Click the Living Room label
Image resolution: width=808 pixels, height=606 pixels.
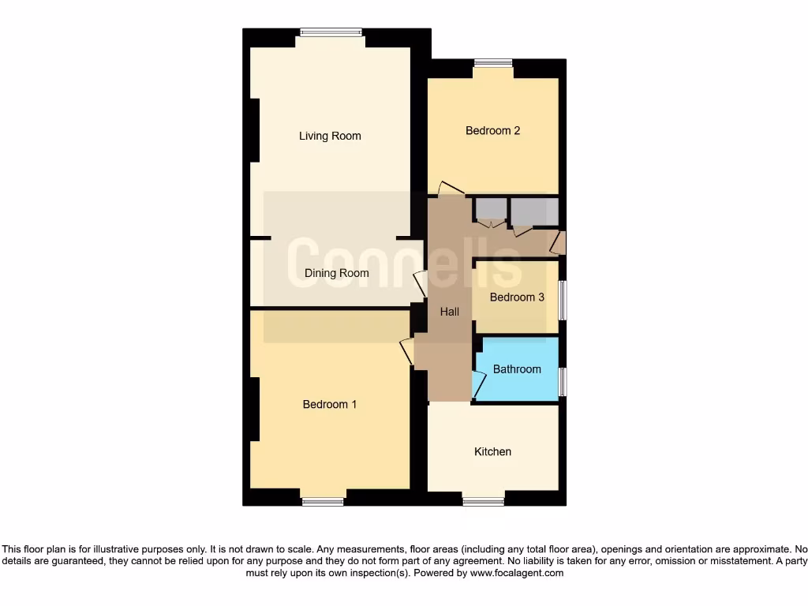(x=330, y=136)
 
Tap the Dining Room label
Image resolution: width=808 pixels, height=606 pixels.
(x=337, y=273)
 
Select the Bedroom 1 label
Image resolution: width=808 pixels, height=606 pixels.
(x=330, y=404)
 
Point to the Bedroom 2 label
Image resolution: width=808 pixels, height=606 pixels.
(x=492, y=130)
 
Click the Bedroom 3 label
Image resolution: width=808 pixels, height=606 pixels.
(x=517, y=297)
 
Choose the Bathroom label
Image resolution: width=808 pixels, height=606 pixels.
(x=517, y=368)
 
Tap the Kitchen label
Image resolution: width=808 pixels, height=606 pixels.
(x=492, y=451)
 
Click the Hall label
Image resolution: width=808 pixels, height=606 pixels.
(x=449, y=312)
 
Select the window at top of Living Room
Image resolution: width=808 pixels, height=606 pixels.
(x=331, y=32)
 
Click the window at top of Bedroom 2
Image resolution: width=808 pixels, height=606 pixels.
(x=492, y=63)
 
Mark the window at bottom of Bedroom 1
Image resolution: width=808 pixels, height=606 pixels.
(x=323, y=501)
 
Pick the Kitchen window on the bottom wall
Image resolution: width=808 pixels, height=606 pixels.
(x=483, y=501)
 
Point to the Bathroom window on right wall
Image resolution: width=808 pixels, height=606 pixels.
(x=562, y=382)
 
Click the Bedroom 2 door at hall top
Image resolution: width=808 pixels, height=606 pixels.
(x=451, y=188)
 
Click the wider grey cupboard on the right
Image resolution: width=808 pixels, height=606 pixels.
(x=534, y=211)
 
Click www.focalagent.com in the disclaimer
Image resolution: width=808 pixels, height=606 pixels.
(x=516, y=573)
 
